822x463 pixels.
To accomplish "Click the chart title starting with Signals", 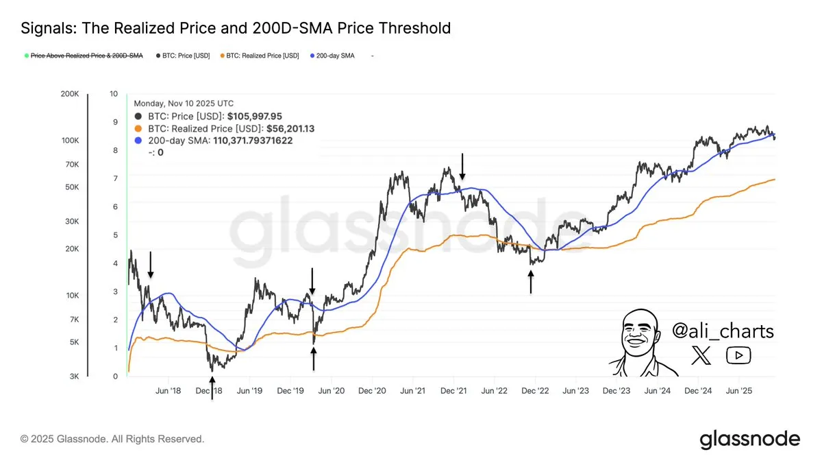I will click(x=236, y=28).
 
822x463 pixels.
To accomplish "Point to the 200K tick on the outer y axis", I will click(x=71, y=94).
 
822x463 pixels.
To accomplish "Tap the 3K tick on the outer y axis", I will click(x=74, y=377).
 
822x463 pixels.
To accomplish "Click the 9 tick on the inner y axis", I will click(x=114, y=122).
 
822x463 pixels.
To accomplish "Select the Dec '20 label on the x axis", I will click(x=371, y=390).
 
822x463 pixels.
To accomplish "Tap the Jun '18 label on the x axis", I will click(x=168, y=390).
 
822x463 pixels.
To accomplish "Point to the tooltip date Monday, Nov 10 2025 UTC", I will click(x=184, y=104).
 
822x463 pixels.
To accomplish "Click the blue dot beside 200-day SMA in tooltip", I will click(x=140, y=141).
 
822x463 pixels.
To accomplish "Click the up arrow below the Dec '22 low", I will click(x=531, y=281).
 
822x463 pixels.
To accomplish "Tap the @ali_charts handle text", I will click(x=723, y=331).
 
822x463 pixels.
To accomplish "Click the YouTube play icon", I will click(x=738, y=355).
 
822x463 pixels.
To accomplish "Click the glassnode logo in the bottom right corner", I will click(x=749, y=439).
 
